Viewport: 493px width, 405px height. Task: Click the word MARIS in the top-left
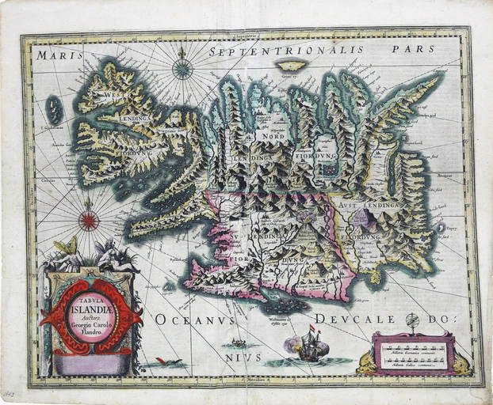tap(54, 57)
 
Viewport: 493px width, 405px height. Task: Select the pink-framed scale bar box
tap(414, 353)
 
